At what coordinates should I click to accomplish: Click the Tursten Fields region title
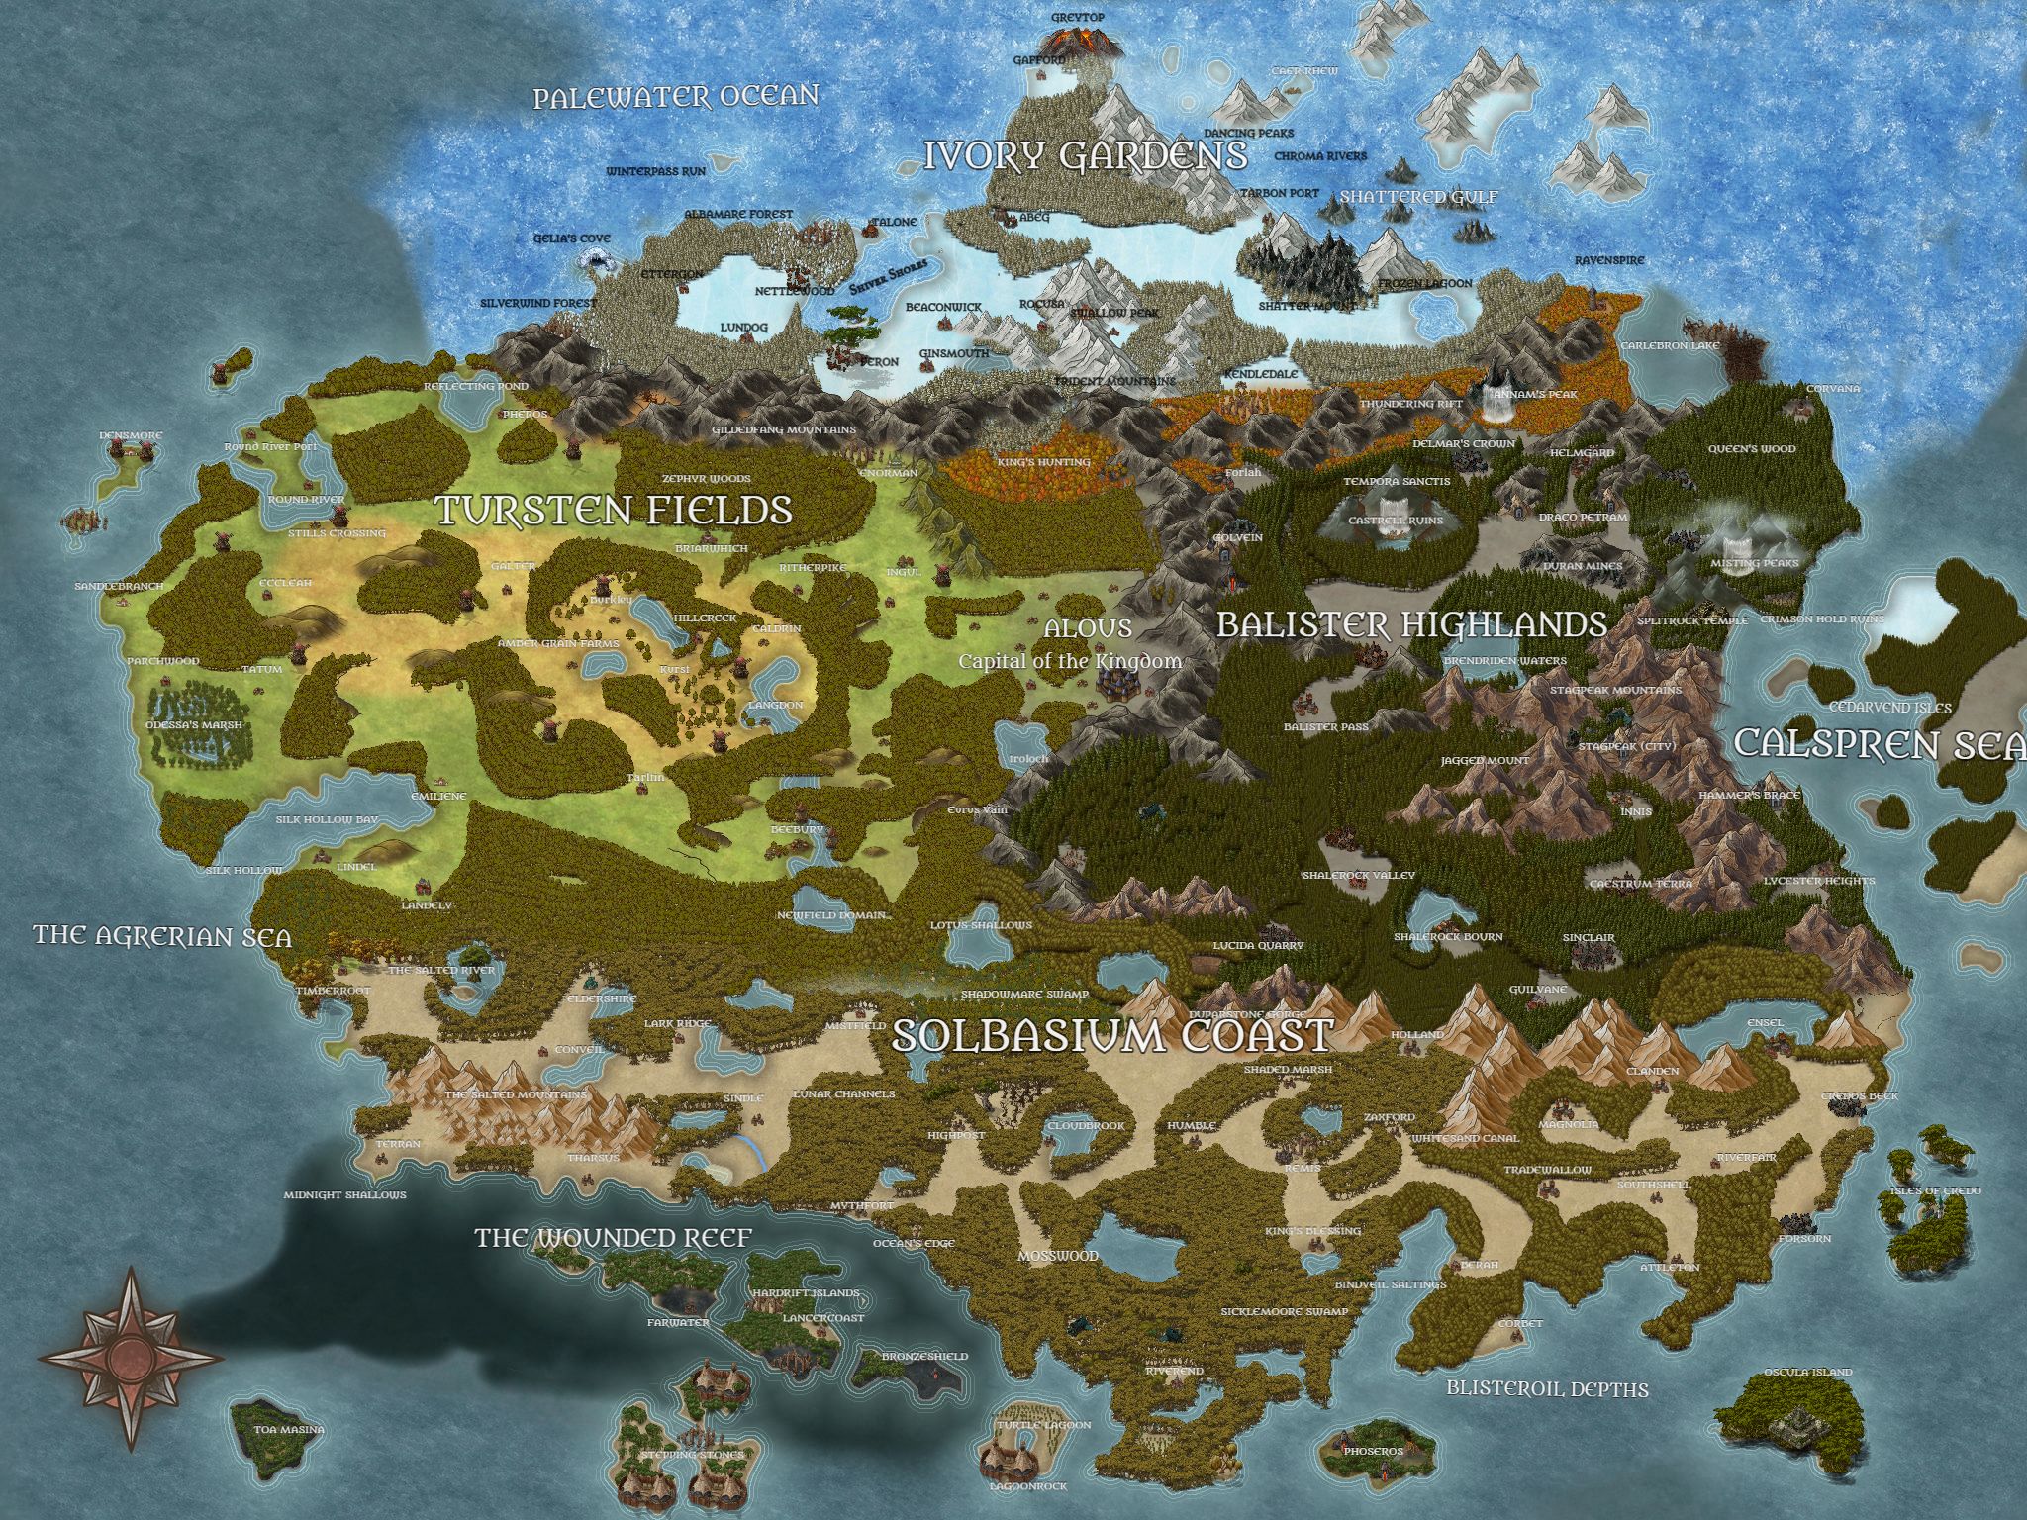coord(614,510)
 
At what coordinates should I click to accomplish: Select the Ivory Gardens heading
coord(1085,155)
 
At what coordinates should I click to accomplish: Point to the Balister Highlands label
coord(1411,624)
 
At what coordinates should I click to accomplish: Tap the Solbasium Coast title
coord(1111,1035)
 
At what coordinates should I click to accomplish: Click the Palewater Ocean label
coord(676,97)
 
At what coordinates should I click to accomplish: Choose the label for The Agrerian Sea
coord(162,935)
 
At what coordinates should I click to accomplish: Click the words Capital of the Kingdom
coord(1069,661)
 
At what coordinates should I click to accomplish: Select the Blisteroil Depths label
coord(1547,1388)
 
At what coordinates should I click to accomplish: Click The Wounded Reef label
coord(613,1238)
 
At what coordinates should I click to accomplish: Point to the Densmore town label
coord(131,435)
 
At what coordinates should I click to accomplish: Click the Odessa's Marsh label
coord(194,724)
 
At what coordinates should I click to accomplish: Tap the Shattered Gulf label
coord(1418,197)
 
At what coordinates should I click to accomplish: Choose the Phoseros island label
coord(1373,1451)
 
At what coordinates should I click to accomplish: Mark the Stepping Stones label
coord(692,1455)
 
